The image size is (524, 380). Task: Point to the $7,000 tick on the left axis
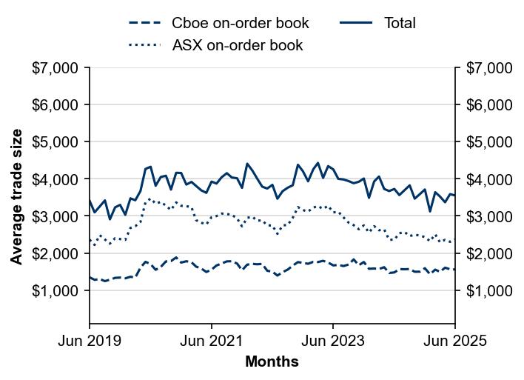pyautogui.click(x=56, y=68)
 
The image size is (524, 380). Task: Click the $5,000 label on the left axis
pyautogui.click(x=56, y=142)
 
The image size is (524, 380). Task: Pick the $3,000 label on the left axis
pyautogui.click(x=56, y=216)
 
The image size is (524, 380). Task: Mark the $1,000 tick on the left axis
pyautogui.click(x=56, y=290)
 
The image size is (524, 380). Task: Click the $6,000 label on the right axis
pyautogui.click(x=488, y=105)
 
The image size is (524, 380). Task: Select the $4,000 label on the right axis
pyautogui.click(x=488, y=179)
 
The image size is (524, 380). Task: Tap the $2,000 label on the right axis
pyautogui.click(x=488, y=253)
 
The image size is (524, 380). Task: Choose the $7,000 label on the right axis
pyautogui.click(x=488, y=68)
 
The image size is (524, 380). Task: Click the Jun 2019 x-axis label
pyautogui.click(x=90, y=341)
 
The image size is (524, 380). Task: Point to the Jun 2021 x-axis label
pyautogui.click(x=212, y=341)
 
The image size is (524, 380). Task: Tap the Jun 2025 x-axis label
pyautogui.click(x=454, y=341)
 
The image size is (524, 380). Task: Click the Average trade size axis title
pyautogui.click(x=16, y=196)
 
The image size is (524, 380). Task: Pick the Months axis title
pyautogui.click(x=272, y=362)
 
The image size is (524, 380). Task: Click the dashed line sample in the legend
pyautogui.click(x=145, y=23)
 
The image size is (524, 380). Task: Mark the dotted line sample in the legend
pyautogui.click(x=145, y=45)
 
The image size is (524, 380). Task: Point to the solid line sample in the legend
pyautogui.click(x=356, y=23)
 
